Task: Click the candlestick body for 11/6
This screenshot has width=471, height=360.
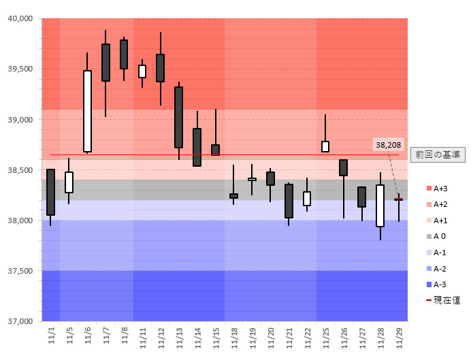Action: click(x=87, y=111)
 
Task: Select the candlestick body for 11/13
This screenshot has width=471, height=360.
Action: click(x=178, y=117)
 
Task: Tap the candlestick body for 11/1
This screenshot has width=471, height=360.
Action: click(x=50, y=192)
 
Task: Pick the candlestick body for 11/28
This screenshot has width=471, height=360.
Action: click(x=380, y=206)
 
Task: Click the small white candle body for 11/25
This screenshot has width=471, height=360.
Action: click(x=325, y=146)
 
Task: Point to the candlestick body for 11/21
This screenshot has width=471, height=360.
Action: click(x=289, y=201)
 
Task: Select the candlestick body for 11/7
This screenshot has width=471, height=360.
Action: click(x=105, y=63)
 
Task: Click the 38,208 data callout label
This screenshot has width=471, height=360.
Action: click(x=389, y=145)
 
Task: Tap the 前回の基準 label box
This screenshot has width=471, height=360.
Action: click(x=438, y=154)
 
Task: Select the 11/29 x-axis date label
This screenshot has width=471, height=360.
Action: click(x=399, y=336)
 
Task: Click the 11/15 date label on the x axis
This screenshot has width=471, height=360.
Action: click(x=216, y=336)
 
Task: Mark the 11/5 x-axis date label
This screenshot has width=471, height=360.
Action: click(x=69, y=336)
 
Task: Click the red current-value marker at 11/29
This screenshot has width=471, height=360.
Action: click(x=398, y=199)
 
